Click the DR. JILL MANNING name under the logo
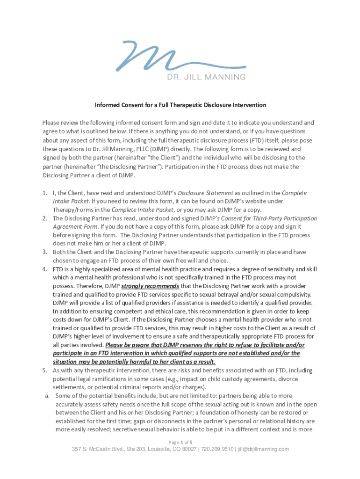coord(206,77)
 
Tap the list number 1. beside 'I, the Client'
coord(45,193)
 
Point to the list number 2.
coord(45,218)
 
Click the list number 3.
coord(45,252)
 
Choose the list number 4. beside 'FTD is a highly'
coord(45,269)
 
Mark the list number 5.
coord(45,370)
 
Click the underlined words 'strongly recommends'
coord(150,286)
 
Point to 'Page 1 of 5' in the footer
coord(180,442)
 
